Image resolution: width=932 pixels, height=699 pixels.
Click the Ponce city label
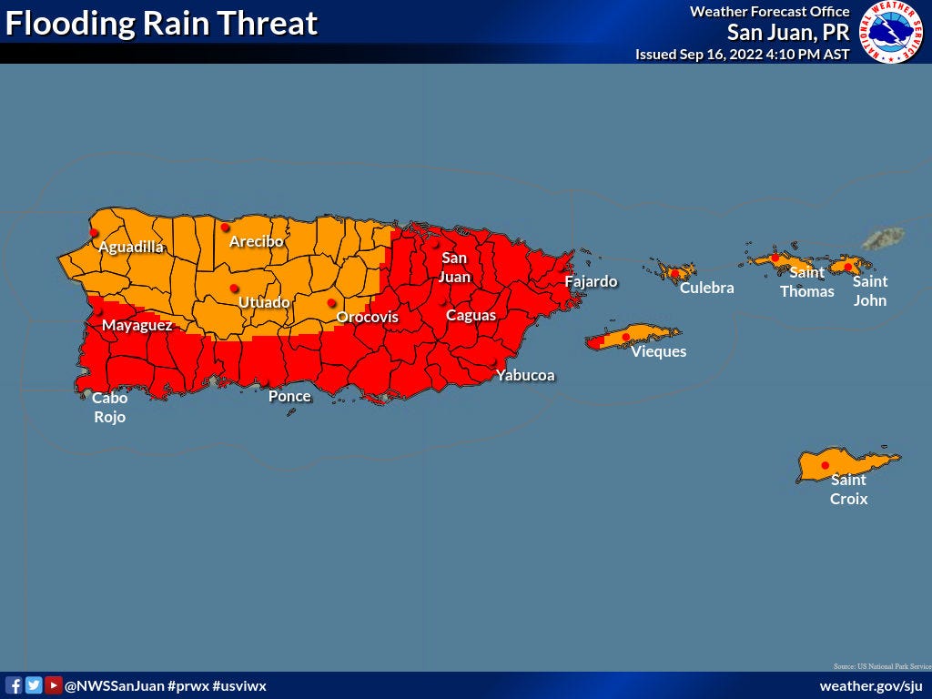[289, 397]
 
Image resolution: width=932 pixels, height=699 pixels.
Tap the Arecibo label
[256, 242]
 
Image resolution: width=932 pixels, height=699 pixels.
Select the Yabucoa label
[525, 375]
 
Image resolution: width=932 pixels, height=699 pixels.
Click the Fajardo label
[591, 282]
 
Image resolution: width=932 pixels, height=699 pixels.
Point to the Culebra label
[706, 289]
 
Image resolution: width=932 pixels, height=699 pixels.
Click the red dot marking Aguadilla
[94, 233]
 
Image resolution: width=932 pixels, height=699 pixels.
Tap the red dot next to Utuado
[234, 289]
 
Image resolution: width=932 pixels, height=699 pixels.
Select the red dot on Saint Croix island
[826, 466]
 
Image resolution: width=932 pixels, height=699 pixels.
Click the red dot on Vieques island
[625, 338]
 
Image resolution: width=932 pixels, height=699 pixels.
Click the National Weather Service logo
[893, 32]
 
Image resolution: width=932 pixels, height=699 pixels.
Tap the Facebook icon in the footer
[14, 685]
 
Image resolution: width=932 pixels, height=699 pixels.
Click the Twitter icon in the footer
[34, 685]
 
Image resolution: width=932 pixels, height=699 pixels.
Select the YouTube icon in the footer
[53, 685]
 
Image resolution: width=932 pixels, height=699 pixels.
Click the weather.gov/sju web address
[871, 685]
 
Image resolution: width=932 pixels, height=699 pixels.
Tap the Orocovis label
[368, 318]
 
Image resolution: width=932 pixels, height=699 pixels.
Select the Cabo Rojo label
[109, 408]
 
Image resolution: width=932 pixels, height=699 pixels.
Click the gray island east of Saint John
[883, 239]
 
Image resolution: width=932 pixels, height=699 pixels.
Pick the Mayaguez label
[137, 325]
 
